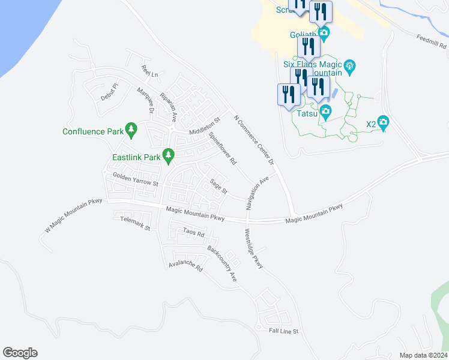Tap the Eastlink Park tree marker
click(169, 157)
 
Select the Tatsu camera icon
click(325, 112)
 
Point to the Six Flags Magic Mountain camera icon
click(351, 65)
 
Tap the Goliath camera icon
click(324, 33)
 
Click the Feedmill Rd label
click(432, 41)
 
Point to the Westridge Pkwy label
click(255, 248)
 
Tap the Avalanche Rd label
click(186, 266)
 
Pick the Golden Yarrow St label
click(135, 179)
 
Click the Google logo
click(20, 353)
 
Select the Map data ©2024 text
click(423, 355)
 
